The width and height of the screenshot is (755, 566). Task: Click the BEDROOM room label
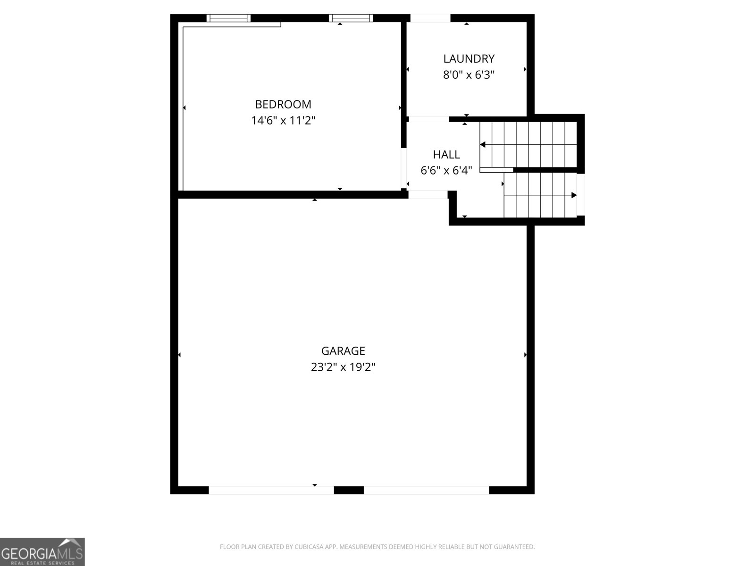[283, 104]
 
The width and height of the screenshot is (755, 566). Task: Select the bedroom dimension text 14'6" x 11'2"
[283, 120]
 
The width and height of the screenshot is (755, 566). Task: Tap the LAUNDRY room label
[469, 59]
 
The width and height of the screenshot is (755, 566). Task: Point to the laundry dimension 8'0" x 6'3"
[469, 75]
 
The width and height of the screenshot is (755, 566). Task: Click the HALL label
[446, 155]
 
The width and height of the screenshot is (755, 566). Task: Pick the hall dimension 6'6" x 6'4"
[446, 170]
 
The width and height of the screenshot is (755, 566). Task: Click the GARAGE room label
[343, 351]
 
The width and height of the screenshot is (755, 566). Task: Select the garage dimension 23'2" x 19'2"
[343, 367]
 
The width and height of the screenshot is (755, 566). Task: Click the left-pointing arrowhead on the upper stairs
[483, 145]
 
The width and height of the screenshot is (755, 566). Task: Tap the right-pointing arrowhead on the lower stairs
[574, 195]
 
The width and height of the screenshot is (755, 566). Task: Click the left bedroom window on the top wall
[228, 18]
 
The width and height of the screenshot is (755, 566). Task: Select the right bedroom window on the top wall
[351, 18]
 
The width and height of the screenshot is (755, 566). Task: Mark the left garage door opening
[271, 490]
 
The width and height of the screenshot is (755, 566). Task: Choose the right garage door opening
[426, 490]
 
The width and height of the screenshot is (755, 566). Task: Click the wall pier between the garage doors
[349, 490]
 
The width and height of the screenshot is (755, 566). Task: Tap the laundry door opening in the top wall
[430, 18]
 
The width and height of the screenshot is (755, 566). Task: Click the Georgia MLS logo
[42, 552]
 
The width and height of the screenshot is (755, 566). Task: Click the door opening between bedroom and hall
[404, 168]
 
